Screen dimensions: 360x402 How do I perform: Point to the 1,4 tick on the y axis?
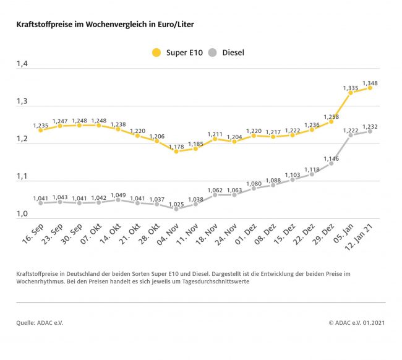[22, 64]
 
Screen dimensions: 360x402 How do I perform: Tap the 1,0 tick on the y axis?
[22, 214]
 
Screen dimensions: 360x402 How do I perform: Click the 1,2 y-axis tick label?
[22, 139]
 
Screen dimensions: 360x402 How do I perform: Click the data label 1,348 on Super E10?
[370, 83]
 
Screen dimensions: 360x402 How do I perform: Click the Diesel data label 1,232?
[370, 126]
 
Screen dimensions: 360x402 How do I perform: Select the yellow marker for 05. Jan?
[351, 93]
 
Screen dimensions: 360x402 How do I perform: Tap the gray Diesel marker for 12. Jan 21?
[370, 131]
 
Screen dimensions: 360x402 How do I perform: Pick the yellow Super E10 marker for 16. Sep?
[40, 130]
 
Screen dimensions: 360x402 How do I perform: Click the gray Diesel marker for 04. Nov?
[176, 209]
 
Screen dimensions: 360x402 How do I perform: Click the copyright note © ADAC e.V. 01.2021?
[357, 322]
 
